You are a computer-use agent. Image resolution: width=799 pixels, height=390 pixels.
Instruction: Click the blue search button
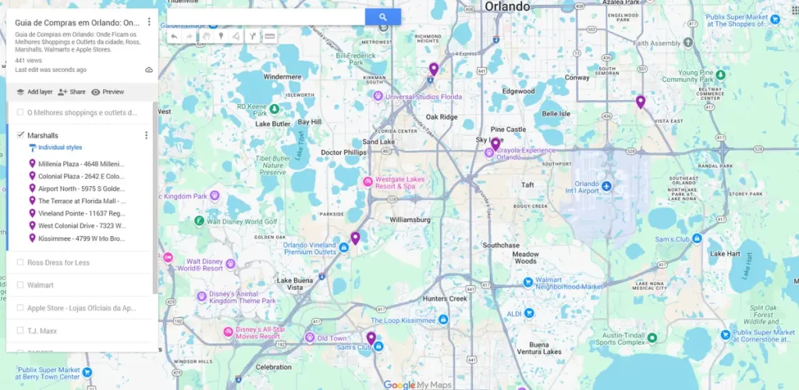tap(382, 16)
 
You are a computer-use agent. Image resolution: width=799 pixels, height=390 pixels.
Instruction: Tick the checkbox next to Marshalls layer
tap(20, 135)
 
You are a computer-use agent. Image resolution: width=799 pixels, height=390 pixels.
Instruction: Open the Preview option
tap(108, 91)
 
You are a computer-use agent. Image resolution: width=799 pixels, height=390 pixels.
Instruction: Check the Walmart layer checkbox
tap(20, 285)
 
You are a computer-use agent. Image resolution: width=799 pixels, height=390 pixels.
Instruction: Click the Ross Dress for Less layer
tap(58, 263)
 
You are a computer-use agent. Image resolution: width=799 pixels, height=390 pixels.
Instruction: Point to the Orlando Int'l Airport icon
tap(605, 184)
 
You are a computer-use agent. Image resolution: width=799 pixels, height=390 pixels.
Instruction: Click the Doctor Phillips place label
tap(343, 152)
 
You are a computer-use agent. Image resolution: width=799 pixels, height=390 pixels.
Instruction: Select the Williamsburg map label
tap(410, 220)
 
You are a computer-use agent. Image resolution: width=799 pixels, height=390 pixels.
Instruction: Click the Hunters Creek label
tap(444, 299)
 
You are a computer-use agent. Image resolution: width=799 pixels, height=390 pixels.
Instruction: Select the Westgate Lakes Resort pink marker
tap(368, 182)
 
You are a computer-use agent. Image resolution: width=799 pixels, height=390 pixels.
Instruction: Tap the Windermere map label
tap(282, 77)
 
